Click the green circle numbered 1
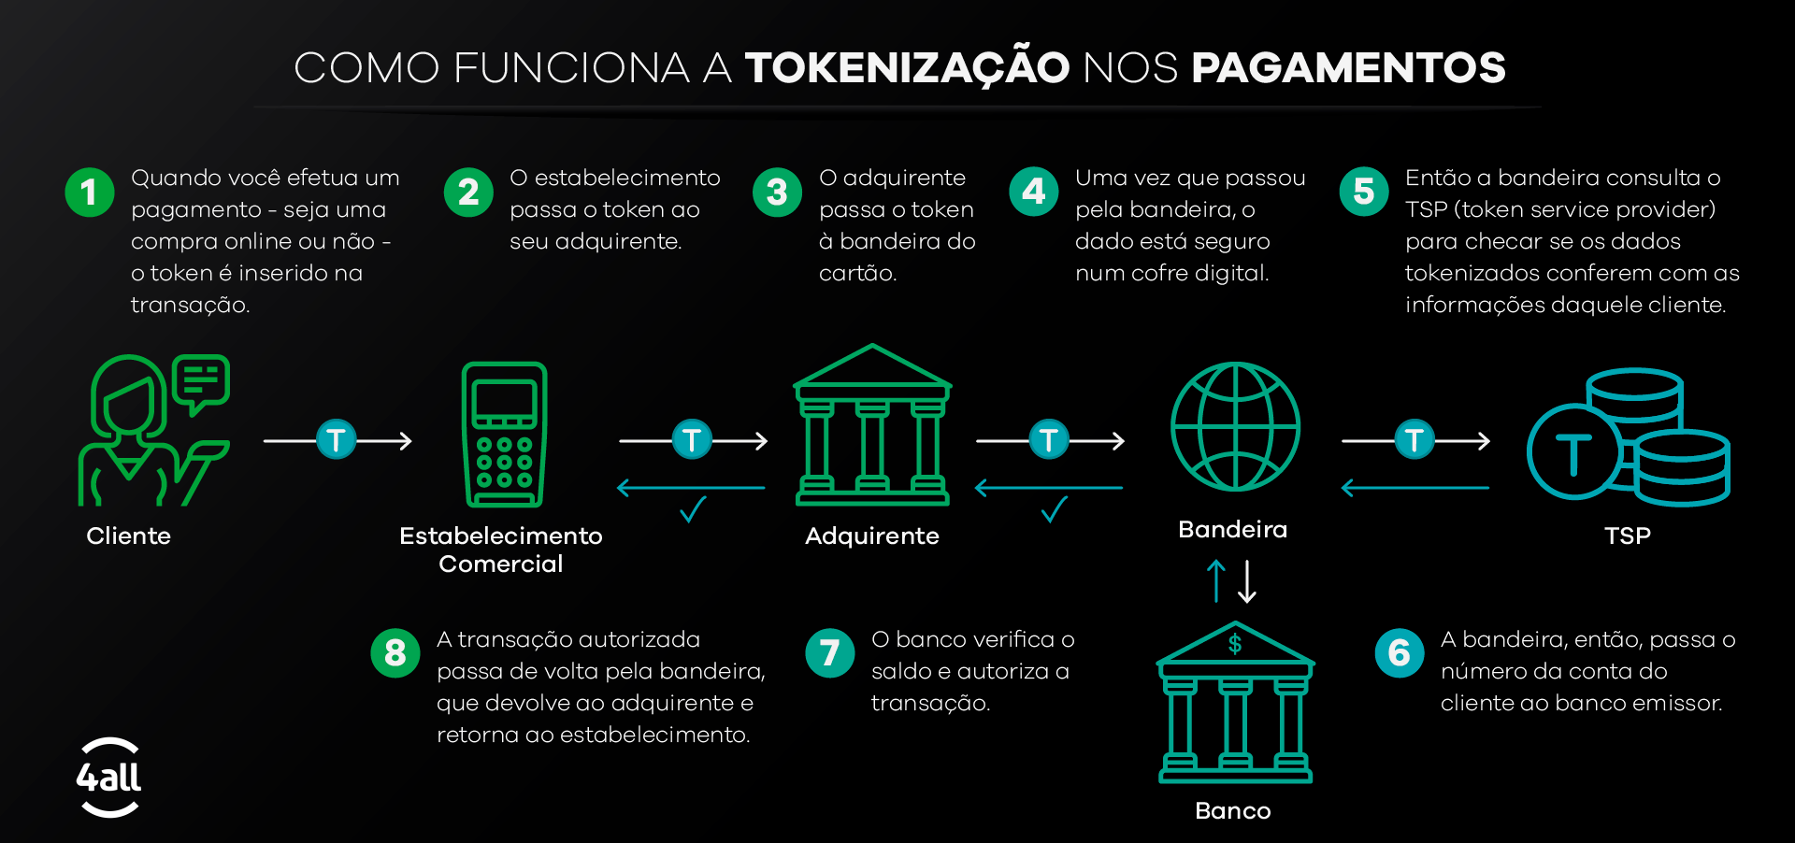[90, 193]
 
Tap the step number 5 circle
[1364, 193]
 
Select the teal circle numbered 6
[1400, 653]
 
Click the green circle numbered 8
[395, 653]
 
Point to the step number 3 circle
[777, 193]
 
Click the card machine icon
[505, 435]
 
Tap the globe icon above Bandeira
[1235, 426]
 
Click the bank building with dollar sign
[1235, 703]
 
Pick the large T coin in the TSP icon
[1574, 453]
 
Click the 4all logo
[108, 778]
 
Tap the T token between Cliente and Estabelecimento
[337, 439]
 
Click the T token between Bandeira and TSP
[1414, 439]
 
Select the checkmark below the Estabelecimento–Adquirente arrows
[693, 509]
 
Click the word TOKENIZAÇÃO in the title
[907, 68]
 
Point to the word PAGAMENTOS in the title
[1348, 68]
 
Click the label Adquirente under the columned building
[871, 536]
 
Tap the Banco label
[1232, 810]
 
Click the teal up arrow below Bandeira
[1215, 580]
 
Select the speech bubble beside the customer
[201, 381]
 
